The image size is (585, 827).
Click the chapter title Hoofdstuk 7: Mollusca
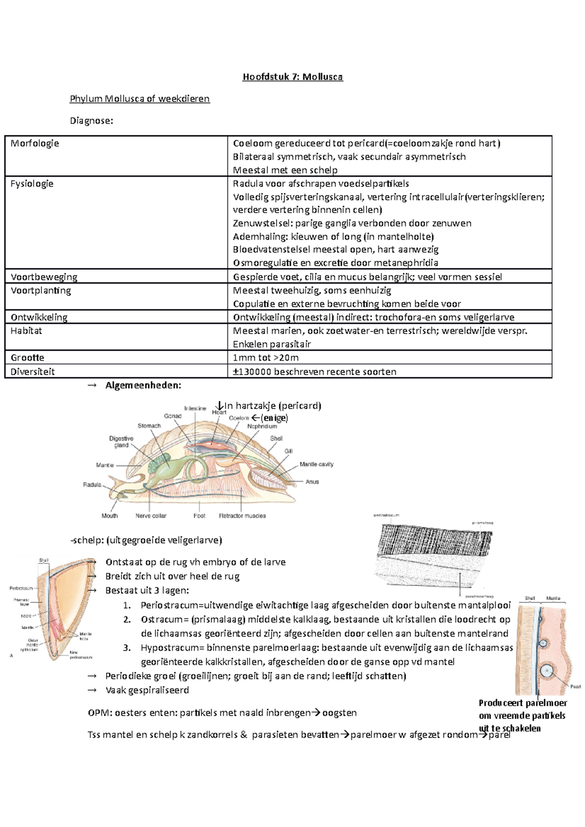pos(292,77)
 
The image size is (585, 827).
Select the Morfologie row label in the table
pos(35,143)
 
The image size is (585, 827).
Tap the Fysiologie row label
pos(32,184)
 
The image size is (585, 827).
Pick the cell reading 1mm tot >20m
pos(266,357)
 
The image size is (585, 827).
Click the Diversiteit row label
pos(33,372)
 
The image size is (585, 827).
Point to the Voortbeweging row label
pos(44,277)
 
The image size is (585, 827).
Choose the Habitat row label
pos(26,331)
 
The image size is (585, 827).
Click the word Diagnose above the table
pos(91,121)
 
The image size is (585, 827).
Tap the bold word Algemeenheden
pos(143,385)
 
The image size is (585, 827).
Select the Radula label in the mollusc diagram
pos(92,485)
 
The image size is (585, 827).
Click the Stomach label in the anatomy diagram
pos(149,426)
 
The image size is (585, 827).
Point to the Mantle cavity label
pos(316,464)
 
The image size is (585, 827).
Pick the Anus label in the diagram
pos(312,482)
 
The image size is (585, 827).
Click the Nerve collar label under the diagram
pos(151,516)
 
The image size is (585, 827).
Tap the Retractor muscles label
pos(242,516)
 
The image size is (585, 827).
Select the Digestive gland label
pos(121,441)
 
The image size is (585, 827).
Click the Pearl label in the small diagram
pos(575,687)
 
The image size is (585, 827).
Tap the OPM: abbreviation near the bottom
pos(99,713)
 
